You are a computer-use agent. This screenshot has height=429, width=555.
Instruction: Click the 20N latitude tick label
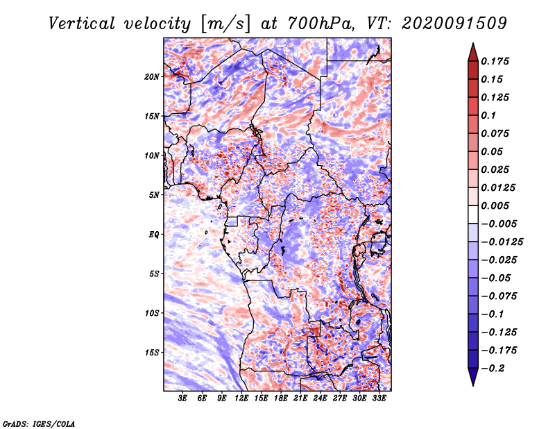coord(152,76)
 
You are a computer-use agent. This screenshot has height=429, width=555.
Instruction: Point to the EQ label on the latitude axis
coord(153,234)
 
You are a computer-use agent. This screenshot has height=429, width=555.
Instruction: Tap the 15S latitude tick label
coord(152,352)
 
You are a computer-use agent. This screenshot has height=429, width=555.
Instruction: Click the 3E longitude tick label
coord(183,398)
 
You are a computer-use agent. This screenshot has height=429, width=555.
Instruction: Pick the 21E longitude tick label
coord(300,398)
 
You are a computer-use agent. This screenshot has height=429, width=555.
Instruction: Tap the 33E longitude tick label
coord(379,398)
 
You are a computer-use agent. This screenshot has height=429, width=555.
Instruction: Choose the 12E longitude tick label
coord(242,398)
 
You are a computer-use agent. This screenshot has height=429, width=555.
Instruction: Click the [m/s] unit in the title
coord(224,24)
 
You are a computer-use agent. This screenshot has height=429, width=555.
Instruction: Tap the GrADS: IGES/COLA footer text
coord(38,422)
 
